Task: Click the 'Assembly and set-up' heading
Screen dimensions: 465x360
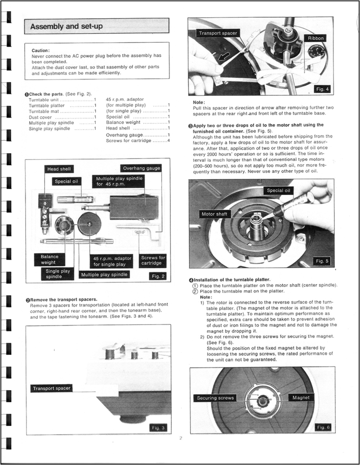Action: (x=66, y=27)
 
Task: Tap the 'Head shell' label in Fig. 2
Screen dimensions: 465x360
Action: (x=59, y=169)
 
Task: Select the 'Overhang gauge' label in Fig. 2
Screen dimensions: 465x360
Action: (x=141, y=168)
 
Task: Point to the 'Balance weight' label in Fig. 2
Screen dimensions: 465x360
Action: (x=50, y=259)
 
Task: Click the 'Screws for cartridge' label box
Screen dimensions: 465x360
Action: (x=153, y=260)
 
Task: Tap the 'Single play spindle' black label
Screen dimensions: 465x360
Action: (x=58, y=273)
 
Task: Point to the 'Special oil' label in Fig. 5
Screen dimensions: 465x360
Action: (x=279, y=191)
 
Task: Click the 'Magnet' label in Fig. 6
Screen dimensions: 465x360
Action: (x=301, y=398)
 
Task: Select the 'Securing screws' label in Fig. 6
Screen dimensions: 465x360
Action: (x=215, y=398)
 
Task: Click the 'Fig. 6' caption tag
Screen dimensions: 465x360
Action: (x=322, y=427)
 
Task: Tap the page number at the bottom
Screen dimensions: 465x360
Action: (x=181, y=438)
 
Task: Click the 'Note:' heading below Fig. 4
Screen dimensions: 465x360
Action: (x=199, y=102)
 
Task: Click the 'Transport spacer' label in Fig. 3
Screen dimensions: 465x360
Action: (x=51, y=388)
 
